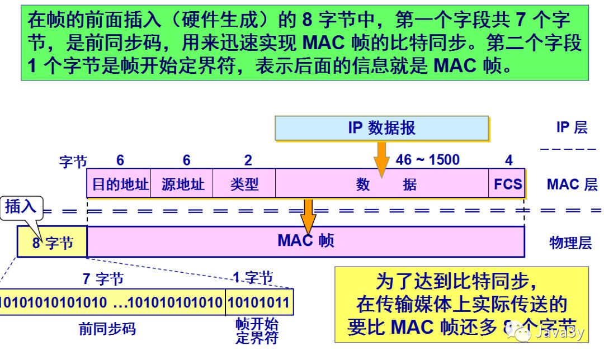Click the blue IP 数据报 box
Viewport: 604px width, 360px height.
pos(381,128)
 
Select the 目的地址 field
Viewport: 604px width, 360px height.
pos(120,184)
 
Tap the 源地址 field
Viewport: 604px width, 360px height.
pos(183,184)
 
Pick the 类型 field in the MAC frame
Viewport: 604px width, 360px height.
pos(244,184)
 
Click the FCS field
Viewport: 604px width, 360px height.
pos(507,184)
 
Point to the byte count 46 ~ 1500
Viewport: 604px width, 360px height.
pos(427,160)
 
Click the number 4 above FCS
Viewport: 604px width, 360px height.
pos(508,160)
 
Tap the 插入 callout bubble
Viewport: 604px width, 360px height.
pos(21,206)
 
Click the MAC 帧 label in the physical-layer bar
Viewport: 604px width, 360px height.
pos(305,241)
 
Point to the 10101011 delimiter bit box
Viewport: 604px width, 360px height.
pos(259,303)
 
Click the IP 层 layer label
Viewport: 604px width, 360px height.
pos(572,127)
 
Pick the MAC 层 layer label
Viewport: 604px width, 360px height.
pos(572,184)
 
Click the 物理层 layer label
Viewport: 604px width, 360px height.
pos(570,243)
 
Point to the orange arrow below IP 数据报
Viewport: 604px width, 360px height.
pos(381,157)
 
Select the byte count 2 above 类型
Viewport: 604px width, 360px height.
pos(248,160)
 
